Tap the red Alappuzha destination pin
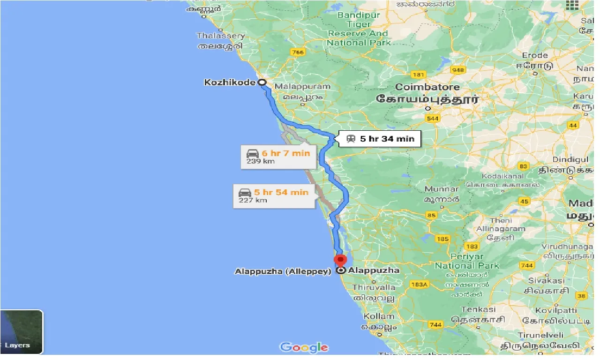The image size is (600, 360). coord(340,260)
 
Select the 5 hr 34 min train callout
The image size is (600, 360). coord(380,139)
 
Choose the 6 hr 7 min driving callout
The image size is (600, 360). coord(278,157)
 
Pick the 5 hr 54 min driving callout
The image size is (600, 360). coord(274,195)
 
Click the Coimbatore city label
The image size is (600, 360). coord(427,87)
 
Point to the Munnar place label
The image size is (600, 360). coord(442,189)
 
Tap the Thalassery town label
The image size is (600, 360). coord(221,36)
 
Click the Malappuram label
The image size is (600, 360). coord(302,86)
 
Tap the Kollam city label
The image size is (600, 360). coord(379,316)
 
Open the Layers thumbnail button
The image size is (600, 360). coord(21,332)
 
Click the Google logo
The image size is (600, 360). coord(304,347)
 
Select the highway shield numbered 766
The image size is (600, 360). coord(297,52)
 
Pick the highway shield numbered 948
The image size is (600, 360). coord(457,70)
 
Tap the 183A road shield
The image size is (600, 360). coord(419,285)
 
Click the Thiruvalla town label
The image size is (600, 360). coord(374,287)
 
